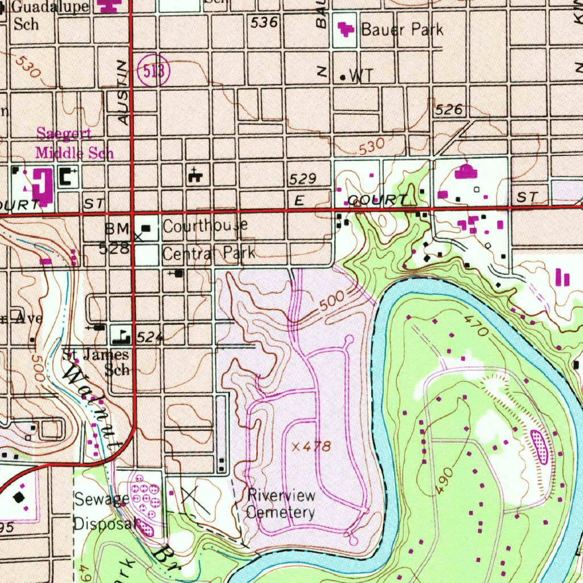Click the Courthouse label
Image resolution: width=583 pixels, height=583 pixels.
pyautogui.click(x=205, y=226)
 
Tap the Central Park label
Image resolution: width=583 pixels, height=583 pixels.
pyautogui.click(x=208, y=253)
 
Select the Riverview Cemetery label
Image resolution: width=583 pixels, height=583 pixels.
pyautogui.click(x=281, y=504)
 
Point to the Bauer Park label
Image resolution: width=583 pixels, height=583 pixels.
pyautogui.click(x=402, y=30)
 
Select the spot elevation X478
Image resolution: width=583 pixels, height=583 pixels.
pyautogui.click(x=311, y=447)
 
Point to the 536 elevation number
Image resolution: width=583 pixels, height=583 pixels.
pyautogui.click(x=264, y=23)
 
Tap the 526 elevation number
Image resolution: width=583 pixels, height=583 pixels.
pyautogui.click(x=449, y=109)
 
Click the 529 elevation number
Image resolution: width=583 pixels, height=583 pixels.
pyautogui.click(x=302, y=179)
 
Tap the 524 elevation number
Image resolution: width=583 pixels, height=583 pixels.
pyautogui.click(x=150, y=338)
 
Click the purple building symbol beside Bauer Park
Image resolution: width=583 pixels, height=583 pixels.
pyautogui.click(x=347, y=28)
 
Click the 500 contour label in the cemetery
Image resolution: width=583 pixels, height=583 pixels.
pyautogui.click(x=331, y=304)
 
